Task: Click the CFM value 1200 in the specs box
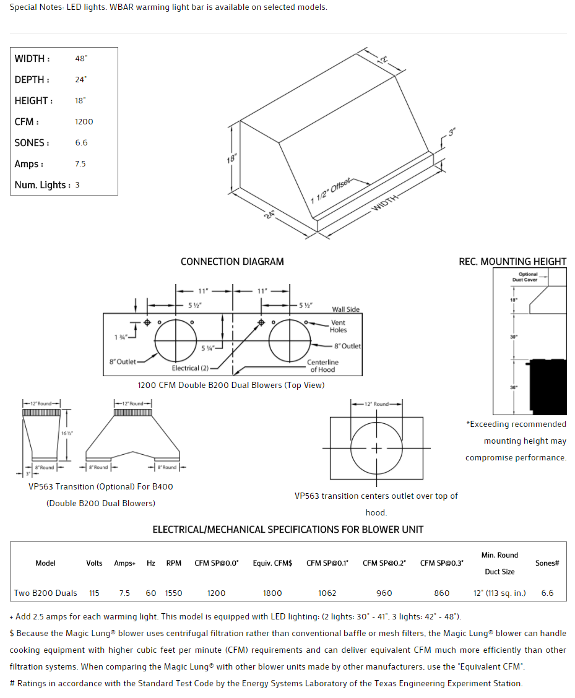click(x=84, y=122)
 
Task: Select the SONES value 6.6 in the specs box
click(x=81, y=143)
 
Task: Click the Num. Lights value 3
click(x=77, y=185)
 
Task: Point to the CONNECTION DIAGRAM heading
click(x=232, y=262)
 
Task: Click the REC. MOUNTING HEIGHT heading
click(x=512, y=262)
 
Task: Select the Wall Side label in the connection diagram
click(x=345, y=309)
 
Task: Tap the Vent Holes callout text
click(x=338, y=326)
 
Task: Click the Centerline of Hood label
click(x=322, y=366)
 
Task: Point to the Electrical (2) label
click(x=190, y=368)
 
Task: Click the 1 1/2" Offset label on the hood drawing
click(x=331, y=191)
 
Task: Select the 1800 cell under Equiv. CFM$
click(x=272, y=593)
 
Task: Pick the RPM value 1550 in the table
click(x=174, y=593)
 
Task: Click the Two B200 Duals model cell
click(x=46, y=593)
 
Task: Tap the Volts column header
click(x=94, y=563)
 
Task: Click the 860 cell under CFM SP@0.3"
click(x=442, y=593)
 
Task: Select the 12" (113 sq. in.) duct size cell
click(x=499, y=593)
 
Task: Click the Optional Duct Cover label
click(x=528, y=277)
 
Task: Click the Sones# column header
click(x=547, y=563)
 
